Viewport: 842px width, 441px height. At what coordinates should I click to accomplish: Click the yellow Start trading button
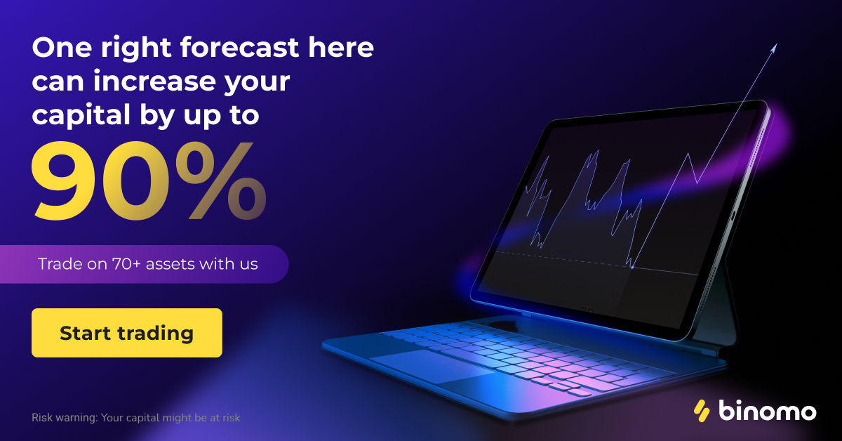tap(127, 333)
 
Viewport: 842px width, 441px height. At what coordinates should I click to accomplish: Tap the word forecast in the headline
tap(239, 48)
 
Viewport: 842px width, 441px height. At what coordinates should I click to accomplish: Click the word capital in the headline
tap(81, 115)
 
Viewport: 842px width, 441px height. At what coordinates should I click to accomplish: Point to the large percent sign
tap(221, 180)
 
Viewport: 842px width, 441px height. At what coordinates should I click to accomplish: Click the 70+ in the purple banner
tap(126, 264)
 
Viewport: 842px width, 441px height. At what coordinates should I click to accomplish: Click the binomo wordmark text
tap(767, 410)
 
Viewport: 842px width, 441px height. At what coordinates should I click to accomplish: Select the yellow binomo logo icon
tap(702, 411)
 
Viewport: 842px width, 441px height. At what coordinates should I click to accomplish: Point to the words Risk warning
tap(65, 418)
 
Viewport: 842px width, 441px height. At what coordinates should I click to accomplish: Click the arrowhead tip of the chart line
tap(776, 44)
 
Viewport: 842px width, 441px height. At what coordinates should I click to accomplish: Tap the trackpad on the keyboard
tap(432, 365)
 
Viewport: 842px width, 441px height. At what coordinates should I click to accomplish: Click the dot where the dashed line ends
tap(632, 267)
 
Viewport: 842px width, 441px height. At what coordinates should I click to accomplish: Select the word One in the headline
tap(62, 48)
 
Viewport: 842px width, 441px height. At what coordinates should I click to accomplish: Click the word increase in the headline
tap(154, 81)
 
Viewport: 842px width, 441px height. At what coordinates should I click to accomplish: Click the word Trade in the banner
tap(60, 264)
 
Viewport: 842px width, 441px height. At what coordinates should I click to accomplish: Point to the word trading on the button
tap(156, 334)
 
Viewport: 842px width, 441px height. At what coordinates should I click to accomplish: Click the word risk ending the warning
tap(231, 418)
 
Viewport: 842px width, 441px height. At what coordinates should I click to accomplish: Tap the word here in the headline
tap(341, 48)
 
